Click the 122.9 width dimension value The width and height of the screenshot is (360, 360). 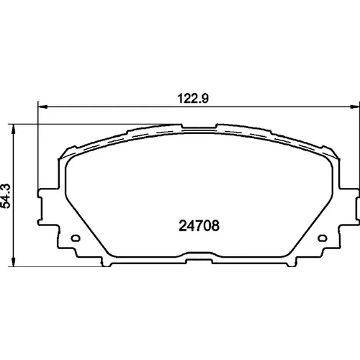tap(193, 99)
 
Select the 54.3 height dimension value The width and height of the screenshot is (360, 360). tap(6, 196)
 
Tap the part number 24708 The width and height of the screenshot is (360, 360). tap(199, 225)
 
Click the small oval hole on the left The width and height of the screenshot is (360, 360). tap(76, 238)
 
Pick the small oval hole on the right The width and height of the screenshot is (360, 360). tap(323, 238)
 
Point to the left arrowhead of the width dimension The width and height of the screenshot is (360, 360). tap(42, 107)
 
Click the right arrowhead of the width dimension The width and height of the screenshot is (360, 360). tap(355, 107)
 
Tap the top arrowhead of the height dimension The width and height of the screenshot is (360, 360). tap(14, 129)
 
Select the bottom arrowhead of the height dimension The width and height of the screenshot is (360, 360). tap(14, 262)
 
